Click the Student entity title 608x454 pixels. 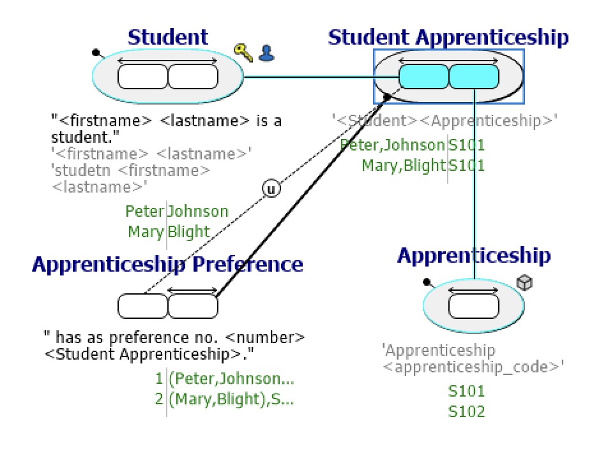coord(167,37)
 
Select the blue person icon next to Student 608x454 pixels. coord(266,53)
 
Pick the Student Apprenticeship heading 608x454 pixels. coord(448,38)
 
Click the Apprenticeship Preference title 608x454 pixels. coord(167,264)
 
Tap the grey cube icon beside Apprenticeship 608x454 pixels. coord(524,282)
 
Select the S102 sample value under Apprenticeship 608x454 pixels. coord(466,411)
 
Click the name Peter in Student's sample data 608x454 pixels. coord(144,211)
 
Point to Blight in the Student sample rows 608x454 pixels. coord(188,231)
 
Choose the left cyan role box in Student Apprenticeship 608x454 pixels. coord(424,77)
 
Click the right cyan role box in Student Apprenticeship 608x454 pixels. coord(474,77)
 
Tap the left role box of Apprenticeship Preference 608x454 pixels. coord(142,306)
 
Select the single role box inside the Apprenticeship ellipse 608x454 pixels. coord(474,305)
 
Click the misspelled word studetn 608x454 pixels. coord(77,171)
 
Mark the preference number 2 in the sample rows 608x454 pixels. coord(159,400)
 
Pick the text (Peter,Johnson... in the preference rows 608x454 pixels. coord(231,379)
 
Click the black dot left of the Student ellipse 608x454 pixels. coord(96,52)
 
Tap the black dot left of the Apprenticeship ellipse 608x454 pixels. coord(427,281)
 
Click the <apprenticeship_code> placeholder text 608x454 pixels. coord(473,367)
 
